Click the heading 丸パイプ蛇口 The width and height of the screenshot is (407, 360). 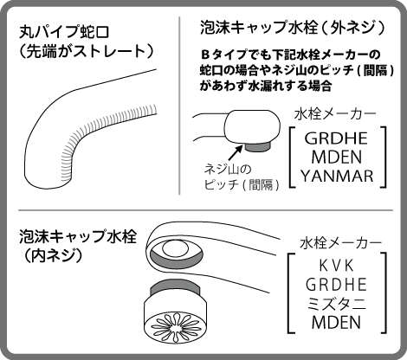tap(64, 32)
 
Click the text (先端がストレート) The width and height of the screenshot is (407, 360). tap(86, 51)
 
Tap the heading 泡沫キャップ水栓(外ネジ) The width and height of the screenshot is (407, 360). tap(293, 28)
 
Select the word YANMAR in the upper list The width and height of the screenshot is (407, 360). tap(337, 176)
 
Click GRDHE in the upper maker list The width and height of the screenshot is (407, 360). tap(336, 138)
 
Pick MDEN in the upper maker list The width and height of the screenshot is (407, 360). tap(337, 157)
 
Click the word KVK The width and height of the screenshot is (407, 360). tap(336, 266)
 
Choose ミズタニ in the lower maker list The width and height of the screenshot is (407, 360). tap(336, 304)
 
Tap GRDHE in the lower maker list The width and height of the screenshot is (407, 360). tap(336, 285)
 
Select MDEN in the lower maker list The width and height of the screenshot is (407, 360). tap(336, 323)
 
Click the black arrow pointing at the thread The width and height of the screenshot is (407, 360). tap(235, 153)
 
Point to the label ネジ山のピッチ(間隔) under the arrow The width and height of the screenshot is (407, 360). tap(242, 177)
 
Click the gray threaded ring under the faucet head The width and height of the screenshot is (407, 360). tap(258, 146)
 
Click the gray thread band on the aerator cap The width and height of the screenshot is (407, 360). tap(175, 288)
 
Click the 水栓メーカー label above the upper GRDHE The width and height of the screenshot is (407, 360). tap(335, 114)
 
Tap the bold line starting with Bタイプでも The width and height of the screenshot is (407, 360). tap(291, 55)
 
